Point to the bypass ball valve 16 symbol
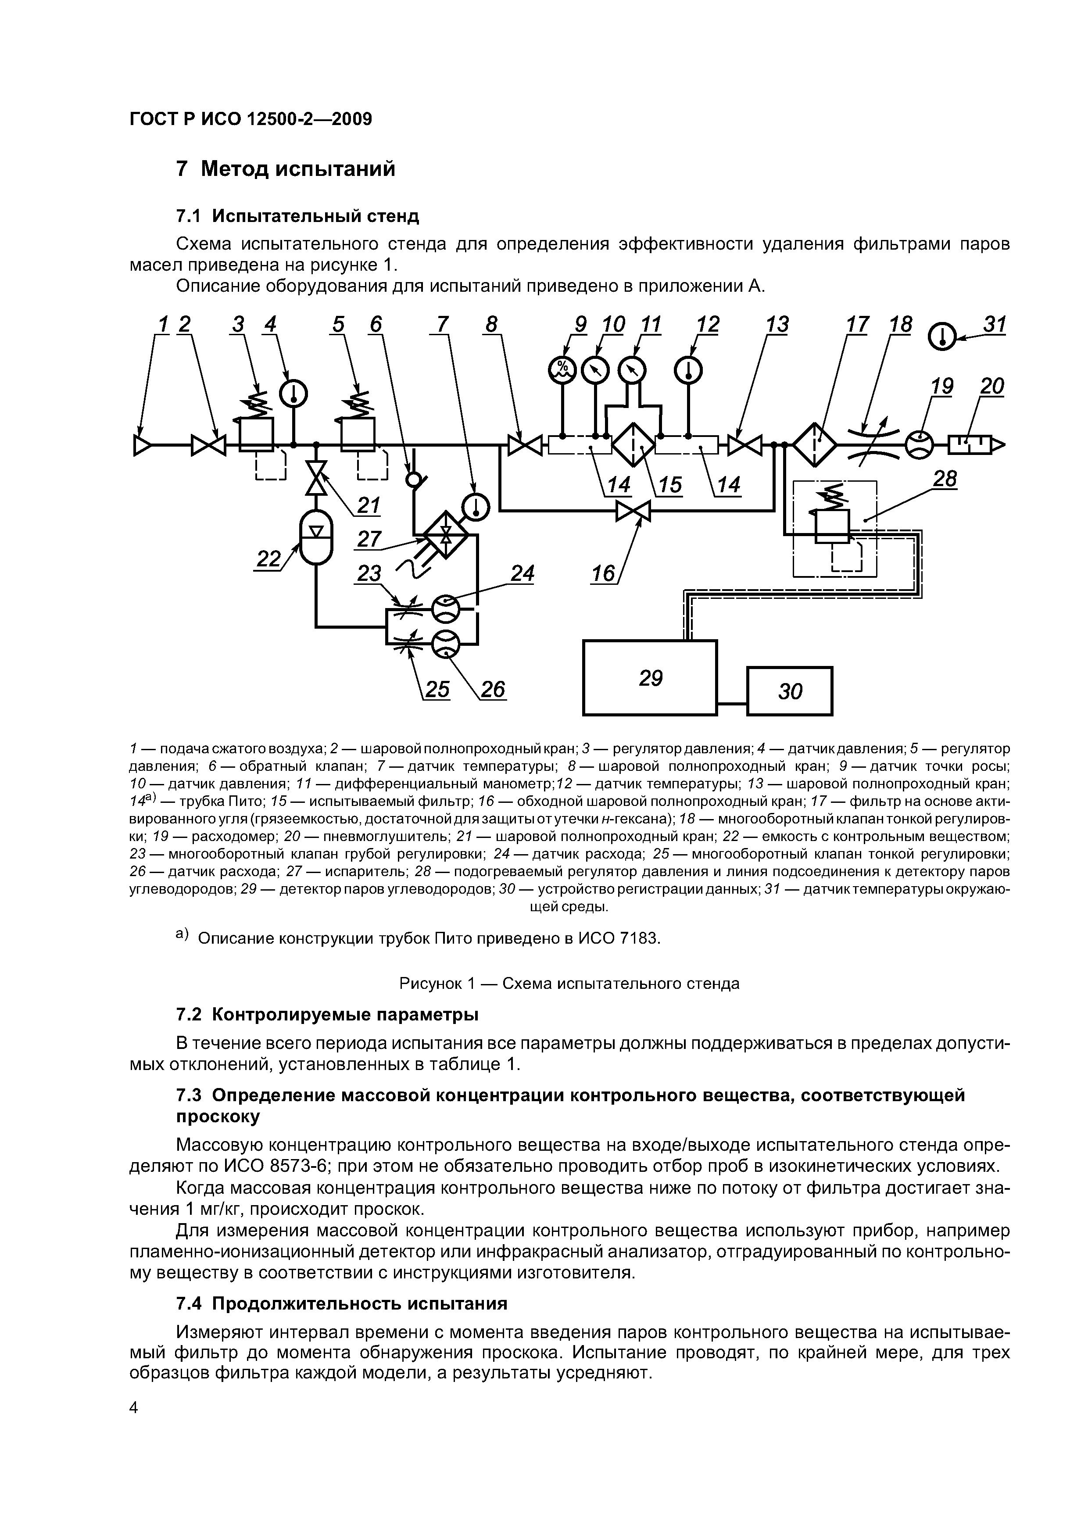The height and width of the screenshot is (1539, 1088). coord(633,512)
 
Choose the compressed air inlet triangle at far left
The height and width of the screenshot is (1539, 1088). coord(142,445)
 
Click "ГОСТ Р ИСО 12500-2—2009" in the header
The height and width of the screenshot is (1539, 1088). coord(251,119)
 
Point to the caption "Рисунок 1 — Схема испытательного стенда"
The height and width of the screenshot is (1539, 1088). coord(569,983)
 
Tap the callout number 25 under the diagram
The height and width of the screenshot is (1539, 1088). coord(437,690)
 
